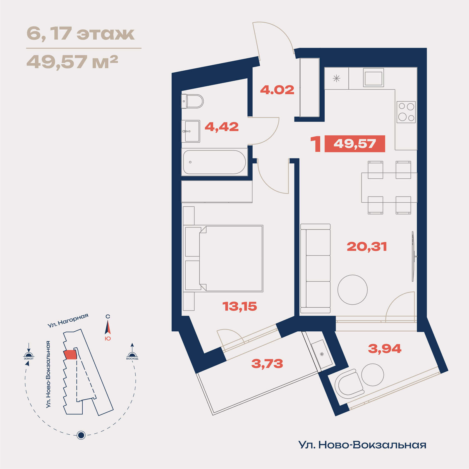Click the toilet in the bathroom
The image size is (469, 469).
pyautogui.click(x=192, y=101)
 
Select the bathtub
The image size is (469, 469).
pyautogui.click(x=214, y=162)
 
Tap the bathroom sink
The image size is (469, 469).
pyautogui.click(x=191, y=131)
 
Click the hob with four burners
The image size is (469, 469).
pyautogui.click(x=406, y=112)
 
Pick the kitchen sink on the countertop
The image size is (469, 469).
pyautogui.click(x=374, y=77)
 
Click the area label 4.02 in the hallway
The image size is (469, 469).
pyautogui.click(x=277, y=90)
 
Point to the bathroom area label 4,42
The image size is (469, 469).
pyautogui.click(x=222, y=127)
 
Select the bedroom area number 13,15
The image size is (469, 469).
pyautogui.click(x=240, y=307)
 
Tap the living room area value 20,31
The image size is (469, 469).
pyautogui.click(x=367, y=247)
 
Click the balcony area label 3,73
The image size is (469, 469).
pyautogui.click(x=267, y=364)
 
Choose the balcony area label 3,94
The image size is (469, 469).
pyautogui.click(x=385, y=349)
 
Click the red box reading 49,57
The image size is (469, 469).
pyautogui.click(x=355, y=144)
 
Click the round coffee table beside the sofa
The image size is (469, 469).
pyautogui.click(x=353, y=289)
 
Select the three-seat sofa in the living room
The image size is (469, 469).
pyautogui.click(x=315, y=268)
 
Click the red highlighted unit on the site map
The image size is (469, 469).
pyautogui.click(x=70, y=355)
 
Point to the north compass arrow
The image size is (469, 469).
pyautogui.click(x=108, y=327)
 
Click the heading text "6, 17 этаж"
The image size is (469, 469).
pyautogui.click(x=81, y=33)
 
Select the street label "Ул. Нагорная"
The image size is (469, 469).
pyautogui.click(x=68, y=320)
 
